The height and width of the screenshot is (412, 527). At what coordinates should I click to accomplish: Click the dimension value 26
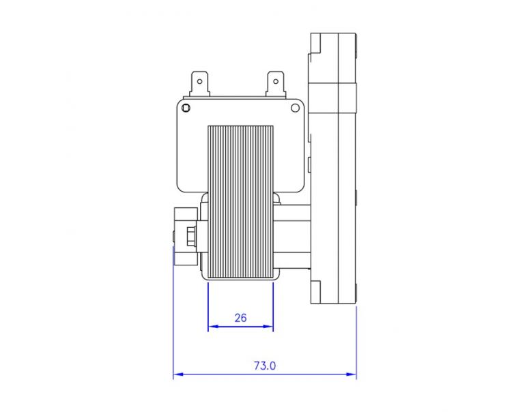[240, 317]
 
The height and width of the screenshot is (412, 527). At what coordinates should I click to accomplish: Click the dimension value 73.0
[265, 366]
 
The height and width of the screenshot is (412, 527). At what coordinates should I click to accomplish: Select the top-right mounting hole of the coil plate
[296, 108]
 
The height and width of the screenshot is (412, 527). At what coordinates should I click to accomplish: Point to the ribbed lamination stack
[240, 198]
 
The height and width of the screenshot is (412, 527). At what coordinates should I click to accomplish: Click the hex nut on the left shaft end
[189, 236]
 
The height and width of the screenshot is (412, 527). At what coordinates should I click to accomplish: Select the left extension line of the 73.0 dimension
[174, 321]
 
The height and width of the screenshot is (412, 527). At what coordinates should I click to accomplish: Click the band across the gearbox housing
[334, 91]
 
